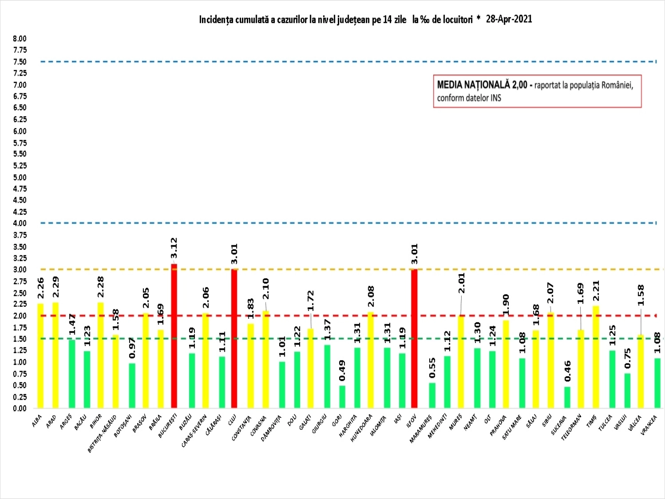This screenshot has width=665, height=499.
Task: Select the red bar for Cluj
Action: point(234,338)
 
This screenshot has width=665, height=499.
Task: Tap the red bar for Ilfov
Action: point(414,338)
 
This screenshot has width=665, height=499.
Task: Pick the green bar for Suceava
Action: point(567,397)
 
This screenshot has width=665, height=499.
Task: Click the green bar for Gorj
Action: point(342,397)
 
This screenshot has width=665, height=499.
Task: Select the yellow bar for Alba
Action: point(40,356)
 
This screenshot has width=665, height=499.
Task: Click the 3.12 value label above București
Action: point(174,248)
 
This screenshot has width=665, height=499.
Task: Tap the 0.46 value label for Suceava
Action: point(567,371)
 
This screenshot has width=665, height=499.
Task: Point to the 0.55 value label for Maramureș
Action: point(432,368)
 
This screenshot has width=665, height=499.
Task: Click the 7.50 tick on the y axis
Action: point(20,62)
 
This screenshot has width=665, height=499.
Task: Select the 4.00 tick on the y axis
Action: point(20,223)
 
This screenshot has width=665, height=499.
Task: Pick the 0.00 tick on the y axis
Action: point(20,408)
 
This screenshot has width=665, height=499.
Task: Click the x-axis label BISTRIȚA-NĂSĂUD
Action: point(102,434)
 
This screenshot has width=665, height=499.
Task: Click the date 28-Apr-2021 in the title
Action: point(509,19)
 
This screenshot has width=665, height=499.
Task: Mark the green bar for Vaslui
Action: point(627,390)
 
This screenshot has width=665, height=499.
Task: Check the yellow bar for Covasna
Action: point(266,359)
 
